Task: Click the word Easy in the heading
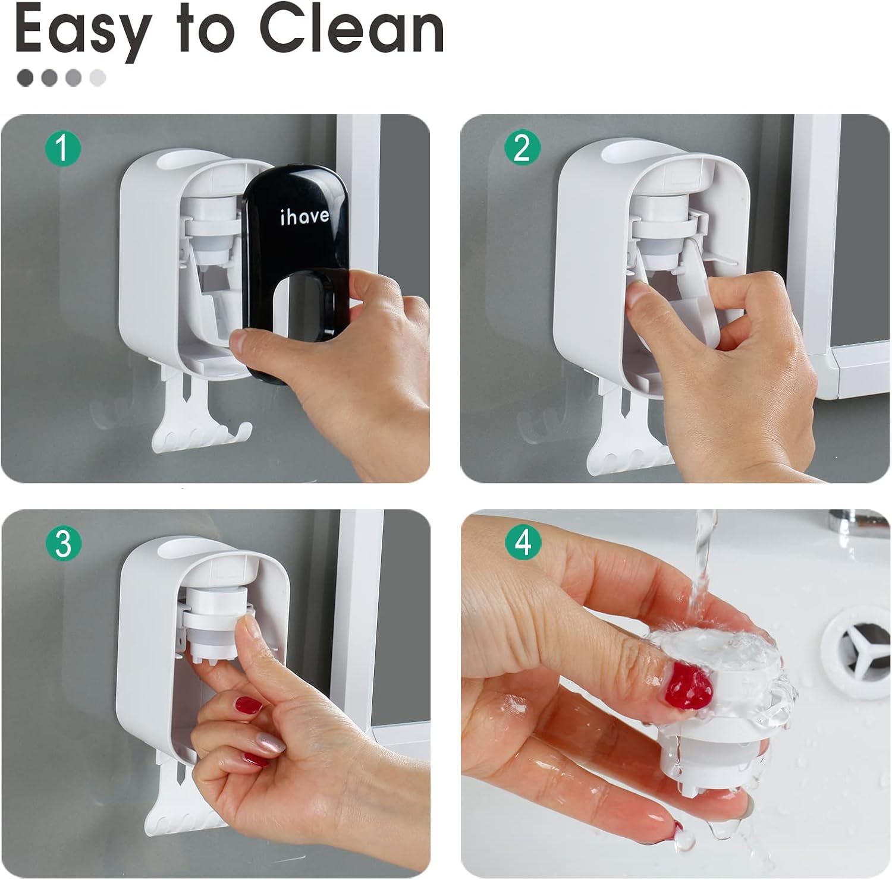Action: pyautogui.click(x=81, y=32)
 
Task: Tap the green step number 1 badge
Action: pyautogui.click(x=62, y=147)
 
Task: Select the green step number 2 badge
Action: pyautogui.click(x=522, y=147)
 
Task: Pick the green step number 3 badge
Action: pyautogui.click(x=62, y=543)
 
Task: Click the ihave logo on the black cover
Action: pyautogui.click(x=304, y=216)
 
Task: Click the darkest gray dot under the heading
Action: pyautogui.click(x=26, y=77)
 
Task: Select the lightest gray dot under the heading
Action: pyautogui.click(x=98, y=77)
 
